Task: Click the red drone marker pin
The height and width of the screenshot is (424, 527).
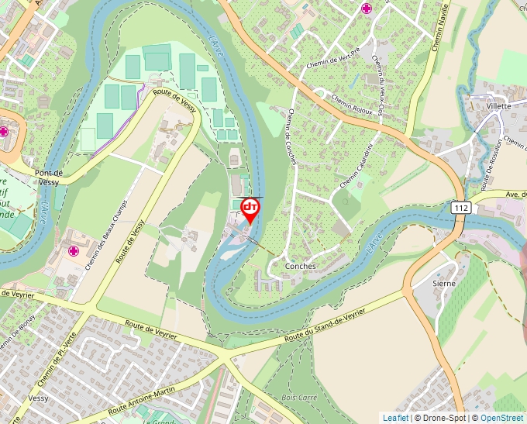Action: pyautogui.click(x=250, y=210)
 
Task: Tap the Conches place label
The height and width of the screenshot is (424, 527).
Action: pyautogui.click(x=301, y=266)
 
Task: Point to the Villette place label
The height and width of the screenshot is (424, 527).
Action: pyautogui.click(x=499, y=105)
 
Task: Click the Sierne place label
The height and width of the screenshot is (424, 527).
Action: pyautogui.click(x=444, y=284)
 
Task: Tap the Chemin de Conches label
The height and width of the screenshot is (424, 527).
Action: pyautogui.click(x=291, y=135)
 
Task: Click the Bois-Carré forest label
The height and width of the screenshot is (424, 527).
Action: pyautogui.click(x=300, y=397)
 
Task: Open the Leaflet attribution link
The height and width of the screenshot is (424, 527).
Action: pyautogui.click(x=395, y=418)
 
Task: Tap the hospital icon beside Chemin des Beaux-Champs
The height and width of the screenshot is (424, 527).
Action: pyautogui.click(x=74, y=251)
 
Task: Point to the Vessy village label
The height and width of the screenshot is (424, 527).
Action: pyautogui.click(x=38, y=398)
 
